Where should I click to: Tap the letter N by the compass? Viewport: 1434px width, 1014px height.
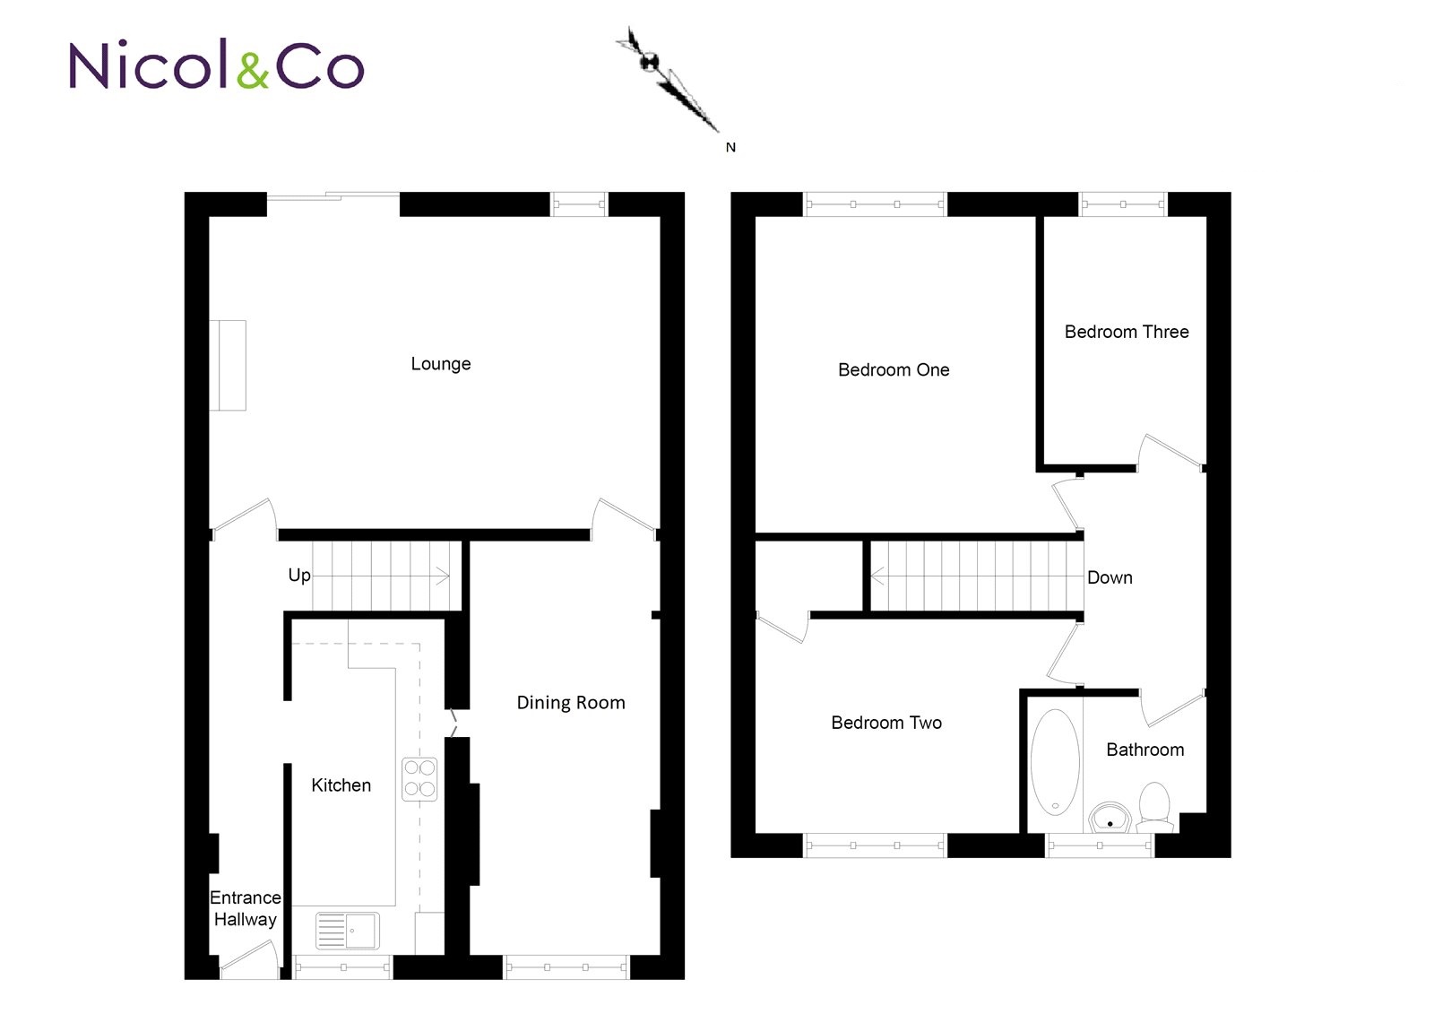coord(730,147)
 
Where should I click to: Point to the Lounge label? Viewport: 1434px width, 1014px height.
coord(440,364)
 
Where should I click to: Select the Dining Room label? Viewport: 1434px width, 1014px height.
coord(570,703)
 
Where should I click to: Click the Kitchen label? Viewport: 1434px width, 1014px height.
coord(341,785)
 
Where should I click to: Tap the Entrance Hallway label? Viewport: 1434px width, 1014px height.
coord(246,908)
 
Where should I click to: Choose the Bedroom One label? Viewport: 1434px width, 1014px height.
coord(894,369)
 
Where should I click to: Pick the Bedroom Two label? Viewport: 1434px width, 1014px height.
coord(886,723)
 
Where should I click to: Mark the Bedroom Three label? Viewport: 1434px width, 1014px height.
coord(1126,332)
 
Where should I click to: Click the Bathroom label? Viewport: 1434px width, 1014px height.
coord(1145,750)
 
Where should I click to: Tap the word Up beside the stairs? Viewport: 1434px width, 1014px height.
coord(299,576)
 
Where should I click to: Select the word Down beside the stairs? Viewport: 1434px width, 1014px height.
coord(1110,577)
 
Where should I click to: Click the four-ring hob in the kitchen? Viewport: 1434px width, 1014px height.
coord(419,779)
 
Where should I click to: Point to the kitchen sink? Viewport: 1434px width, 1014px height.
coord(348,931)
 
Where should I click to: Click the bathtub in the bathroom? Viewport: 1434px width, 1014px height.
coord(1054,762)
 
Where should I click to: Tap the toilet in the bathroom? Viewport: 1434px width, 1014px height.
coord(1154,807)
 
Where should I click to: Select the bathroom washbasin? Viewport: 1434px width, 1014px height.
coord(1110,818)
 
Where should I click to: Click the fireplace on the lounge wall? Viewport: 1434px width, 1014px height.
coord(228,365)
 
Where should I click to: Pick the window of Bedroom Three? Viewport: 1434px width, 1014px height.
coord(1123,204)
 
